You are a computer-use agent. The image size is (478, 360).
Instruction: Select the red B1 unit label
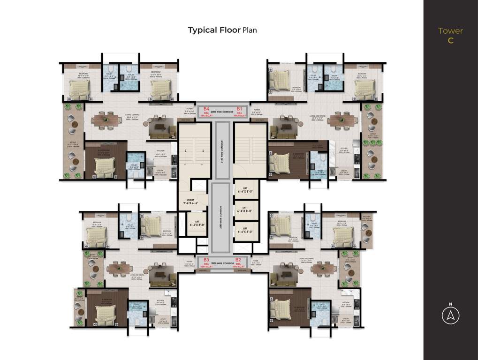(239, 108)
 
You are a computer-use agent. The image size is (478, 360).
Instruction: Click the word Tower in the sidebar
(450, 31)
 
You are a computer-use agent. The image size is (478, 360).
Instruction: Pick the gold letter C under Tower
(450, 40)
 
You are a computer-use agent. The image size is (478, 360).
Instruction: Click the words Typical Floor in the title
(214, 30)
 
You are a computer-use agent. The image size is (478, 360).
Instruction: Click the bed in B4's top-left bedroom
(79, 88)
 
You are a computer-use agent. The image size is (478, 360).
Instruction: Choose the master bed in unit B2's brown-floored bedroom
(284, 310)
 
